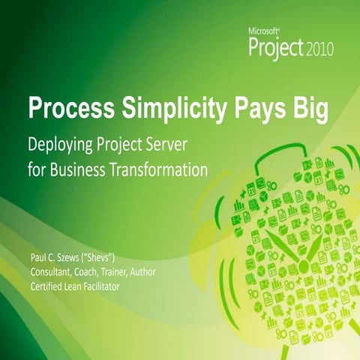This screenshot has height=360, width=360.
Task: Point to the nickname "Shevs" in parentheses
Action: [111, 259]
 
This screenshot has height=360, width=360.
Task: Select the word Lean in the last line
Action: [82, 286]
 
